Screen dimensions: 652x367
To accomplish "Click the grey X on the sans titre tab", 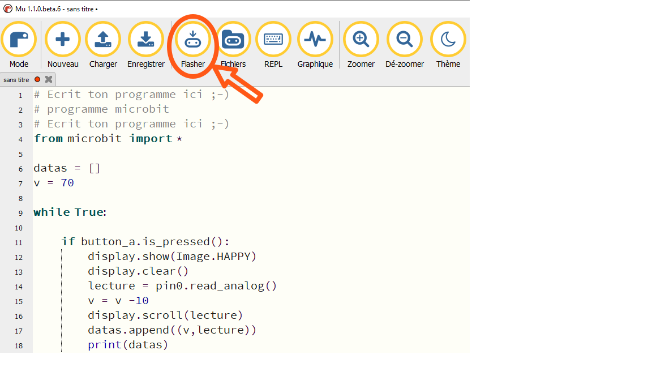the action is pyautogui.click(x=49, y=79).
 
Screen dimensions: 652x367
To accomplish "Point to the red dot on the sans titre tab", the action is pyautogui.click(x=37, y=79).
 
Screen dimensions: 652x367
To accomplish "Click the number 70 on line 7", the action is pyautogui.click(x=67, y=183).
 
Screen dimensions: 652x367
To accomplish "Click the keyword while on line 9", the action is pyautogui.click(x=52, y=212).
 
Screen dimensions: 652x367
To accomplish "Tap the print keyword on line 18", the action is pyautogui.click(x=105, y=344).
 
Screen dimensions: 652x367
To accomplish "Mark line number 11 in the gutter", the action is pyautogui.click(x=19, y=242).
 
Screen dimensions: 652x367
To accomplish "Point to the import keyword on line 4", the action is pyautogui.click(x=151, y=139).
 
